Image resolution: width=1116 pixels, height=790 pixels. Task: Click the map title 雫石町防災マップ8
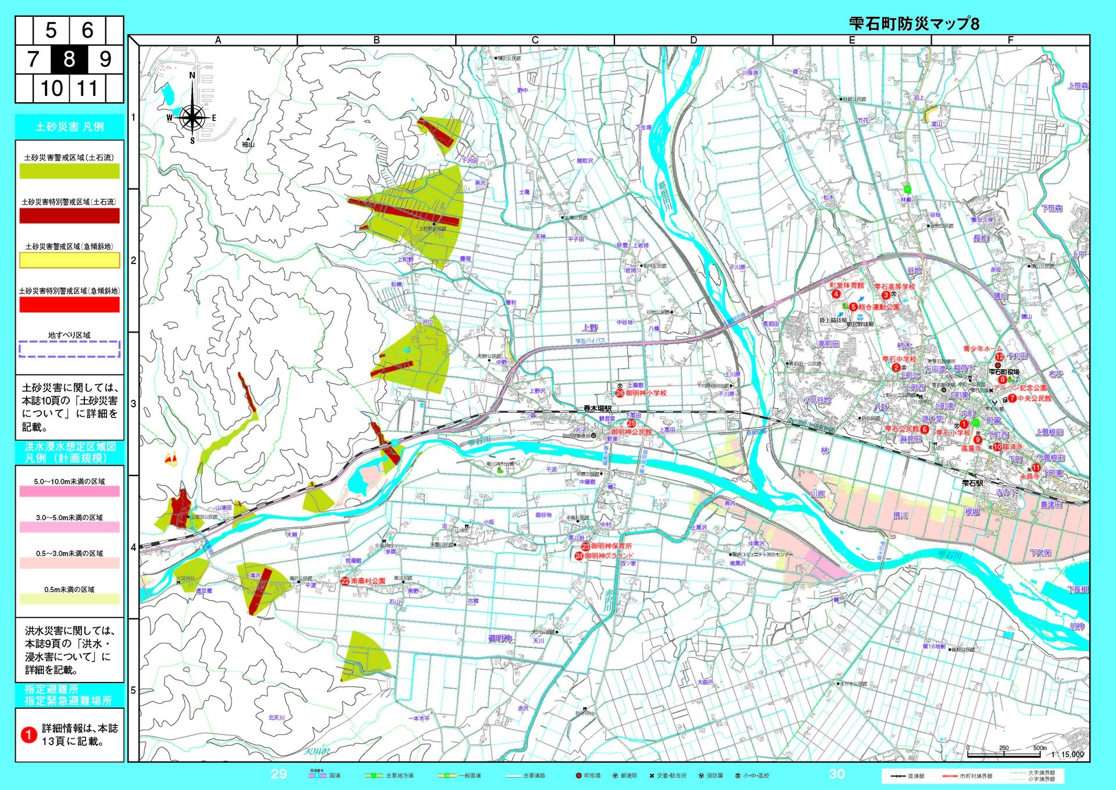point(914,24)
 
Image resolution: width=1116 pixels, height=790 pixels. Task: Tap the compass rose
point(192,117)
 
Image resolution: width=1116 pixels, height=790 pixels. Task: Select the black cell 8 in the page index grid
point(69,59)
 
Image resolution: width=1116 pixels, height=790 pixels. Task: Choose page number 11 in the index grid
point(87,88)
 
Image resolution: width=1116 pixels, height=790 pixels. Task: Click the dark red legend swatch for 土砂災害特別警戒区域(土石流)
point(69,216)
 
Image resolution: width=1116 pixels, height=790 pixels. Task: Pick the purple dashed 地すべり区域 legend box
point(69,349)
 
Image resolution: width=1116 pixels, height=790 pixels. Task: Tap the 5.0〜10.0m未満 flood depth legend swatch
point(69,491)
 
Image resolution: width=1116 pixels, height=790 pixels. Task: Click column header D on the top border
point(693,40)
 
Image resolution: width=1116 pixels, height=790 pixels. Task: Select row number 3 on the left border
point(133,403)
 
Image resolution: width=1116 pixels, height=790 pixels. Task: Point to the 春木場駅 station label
point(598,409)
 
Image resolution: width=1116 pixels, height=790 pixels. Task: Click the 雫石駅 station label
point(972,483)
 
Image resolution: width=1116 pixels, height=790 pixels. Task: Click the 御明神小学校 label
point(646,394)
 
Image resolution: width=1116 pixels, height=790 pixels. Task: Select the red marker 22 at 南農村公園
point(345,581)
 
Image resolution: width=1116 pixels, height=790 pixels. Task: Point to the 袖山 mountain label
point(248,144)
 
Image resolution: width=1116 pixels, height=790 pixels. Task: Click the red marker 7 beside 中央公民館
point(1012,398)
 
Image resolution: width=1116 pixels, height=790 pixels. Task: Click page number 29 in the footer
point(279,774)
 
